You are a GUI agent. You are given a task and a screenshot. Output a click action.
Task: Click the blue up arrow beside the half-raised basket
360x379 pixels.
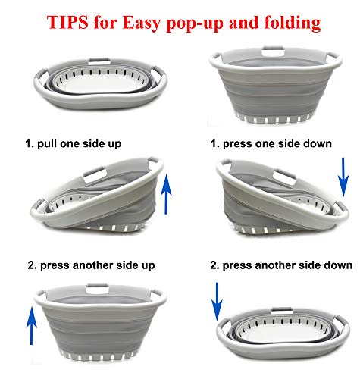(x=168, y=193)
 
